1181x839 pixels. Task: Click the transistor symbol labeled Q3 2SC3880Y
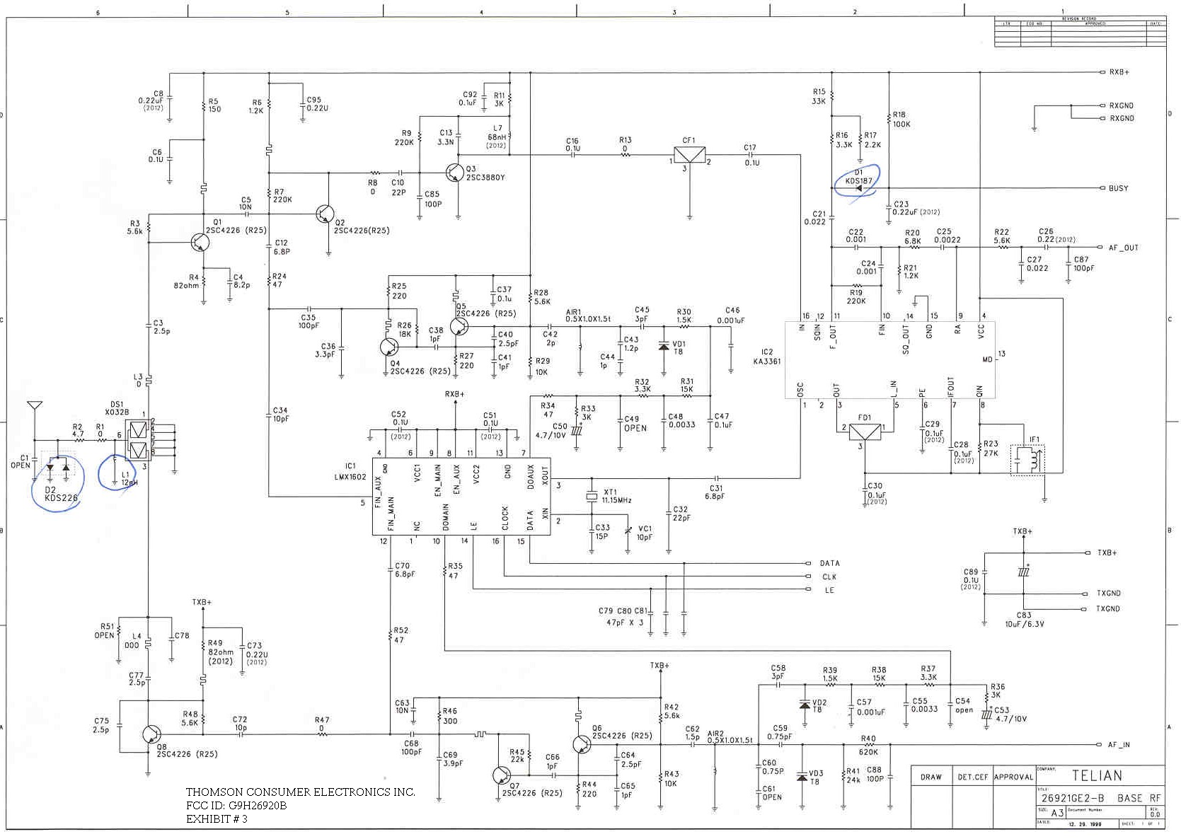pos(454,171)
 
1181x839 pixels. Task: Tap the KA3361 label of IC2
pos(767,361)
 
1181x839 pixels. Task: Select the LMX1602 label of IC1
pos(350,477)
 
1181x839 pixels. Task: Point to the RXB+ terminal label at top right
pos(1119,72)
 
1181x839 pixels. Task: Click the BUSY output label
pos(1118,188)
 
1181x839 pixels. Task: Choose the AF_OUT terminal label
pos(1123,248)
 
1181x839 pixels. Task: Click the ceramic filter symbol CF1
pos(689,155)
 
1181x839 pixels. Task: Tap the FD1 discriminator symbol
pos(865,432)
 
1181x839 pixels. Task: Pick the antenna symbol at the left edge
pos(34,406)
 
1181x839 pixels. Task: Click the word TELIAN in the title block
pos(1096,775)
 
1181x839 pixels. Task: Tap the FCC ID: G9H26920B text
pos(236,805)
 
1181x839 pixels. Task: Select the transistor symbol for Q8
pos(150,734)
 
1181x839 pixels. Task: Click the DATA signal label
pos(829,563)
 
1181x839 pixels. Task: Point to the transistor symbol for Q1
pos(200,243)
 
